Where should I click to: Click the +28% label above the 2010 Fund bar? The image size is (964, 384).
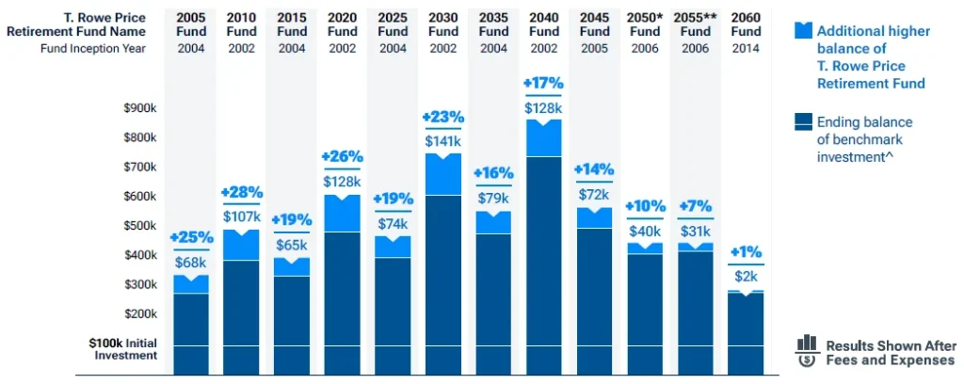[242, 192]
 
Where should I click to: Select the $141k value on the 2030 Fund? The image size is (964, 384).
[443, 141]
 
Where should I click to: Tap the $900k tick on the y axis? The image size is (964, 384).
[140, 108]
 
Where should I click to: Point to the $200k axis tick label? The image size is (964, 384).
[140, 313]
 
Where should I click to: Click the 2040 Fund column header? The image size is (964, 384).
[544, 24]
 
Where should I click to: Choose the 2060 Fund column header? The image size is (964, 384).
[747, 24]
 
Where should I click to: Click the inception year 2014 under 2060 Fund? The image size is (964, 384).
[747, 49]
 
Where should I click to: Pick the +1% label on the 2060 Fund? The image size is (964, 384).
[747, 252]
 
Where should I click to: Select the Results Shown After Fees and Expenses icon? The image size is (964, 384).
[807, 351]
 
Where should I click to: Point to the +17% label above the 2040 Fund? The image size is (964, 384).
[544, 84]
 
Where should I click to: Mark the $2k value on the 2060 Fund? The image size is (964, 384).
[747, 277]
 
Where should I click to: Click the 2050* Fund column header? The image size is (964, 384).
[646, 24]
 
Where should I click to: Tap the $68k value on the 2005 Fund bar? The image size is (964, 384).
[191, 262]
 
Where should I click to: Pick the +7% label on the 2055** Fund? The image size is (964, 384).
[696, 206]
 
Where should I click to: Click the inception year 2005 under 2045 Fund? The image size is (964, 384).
[595, 49]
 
